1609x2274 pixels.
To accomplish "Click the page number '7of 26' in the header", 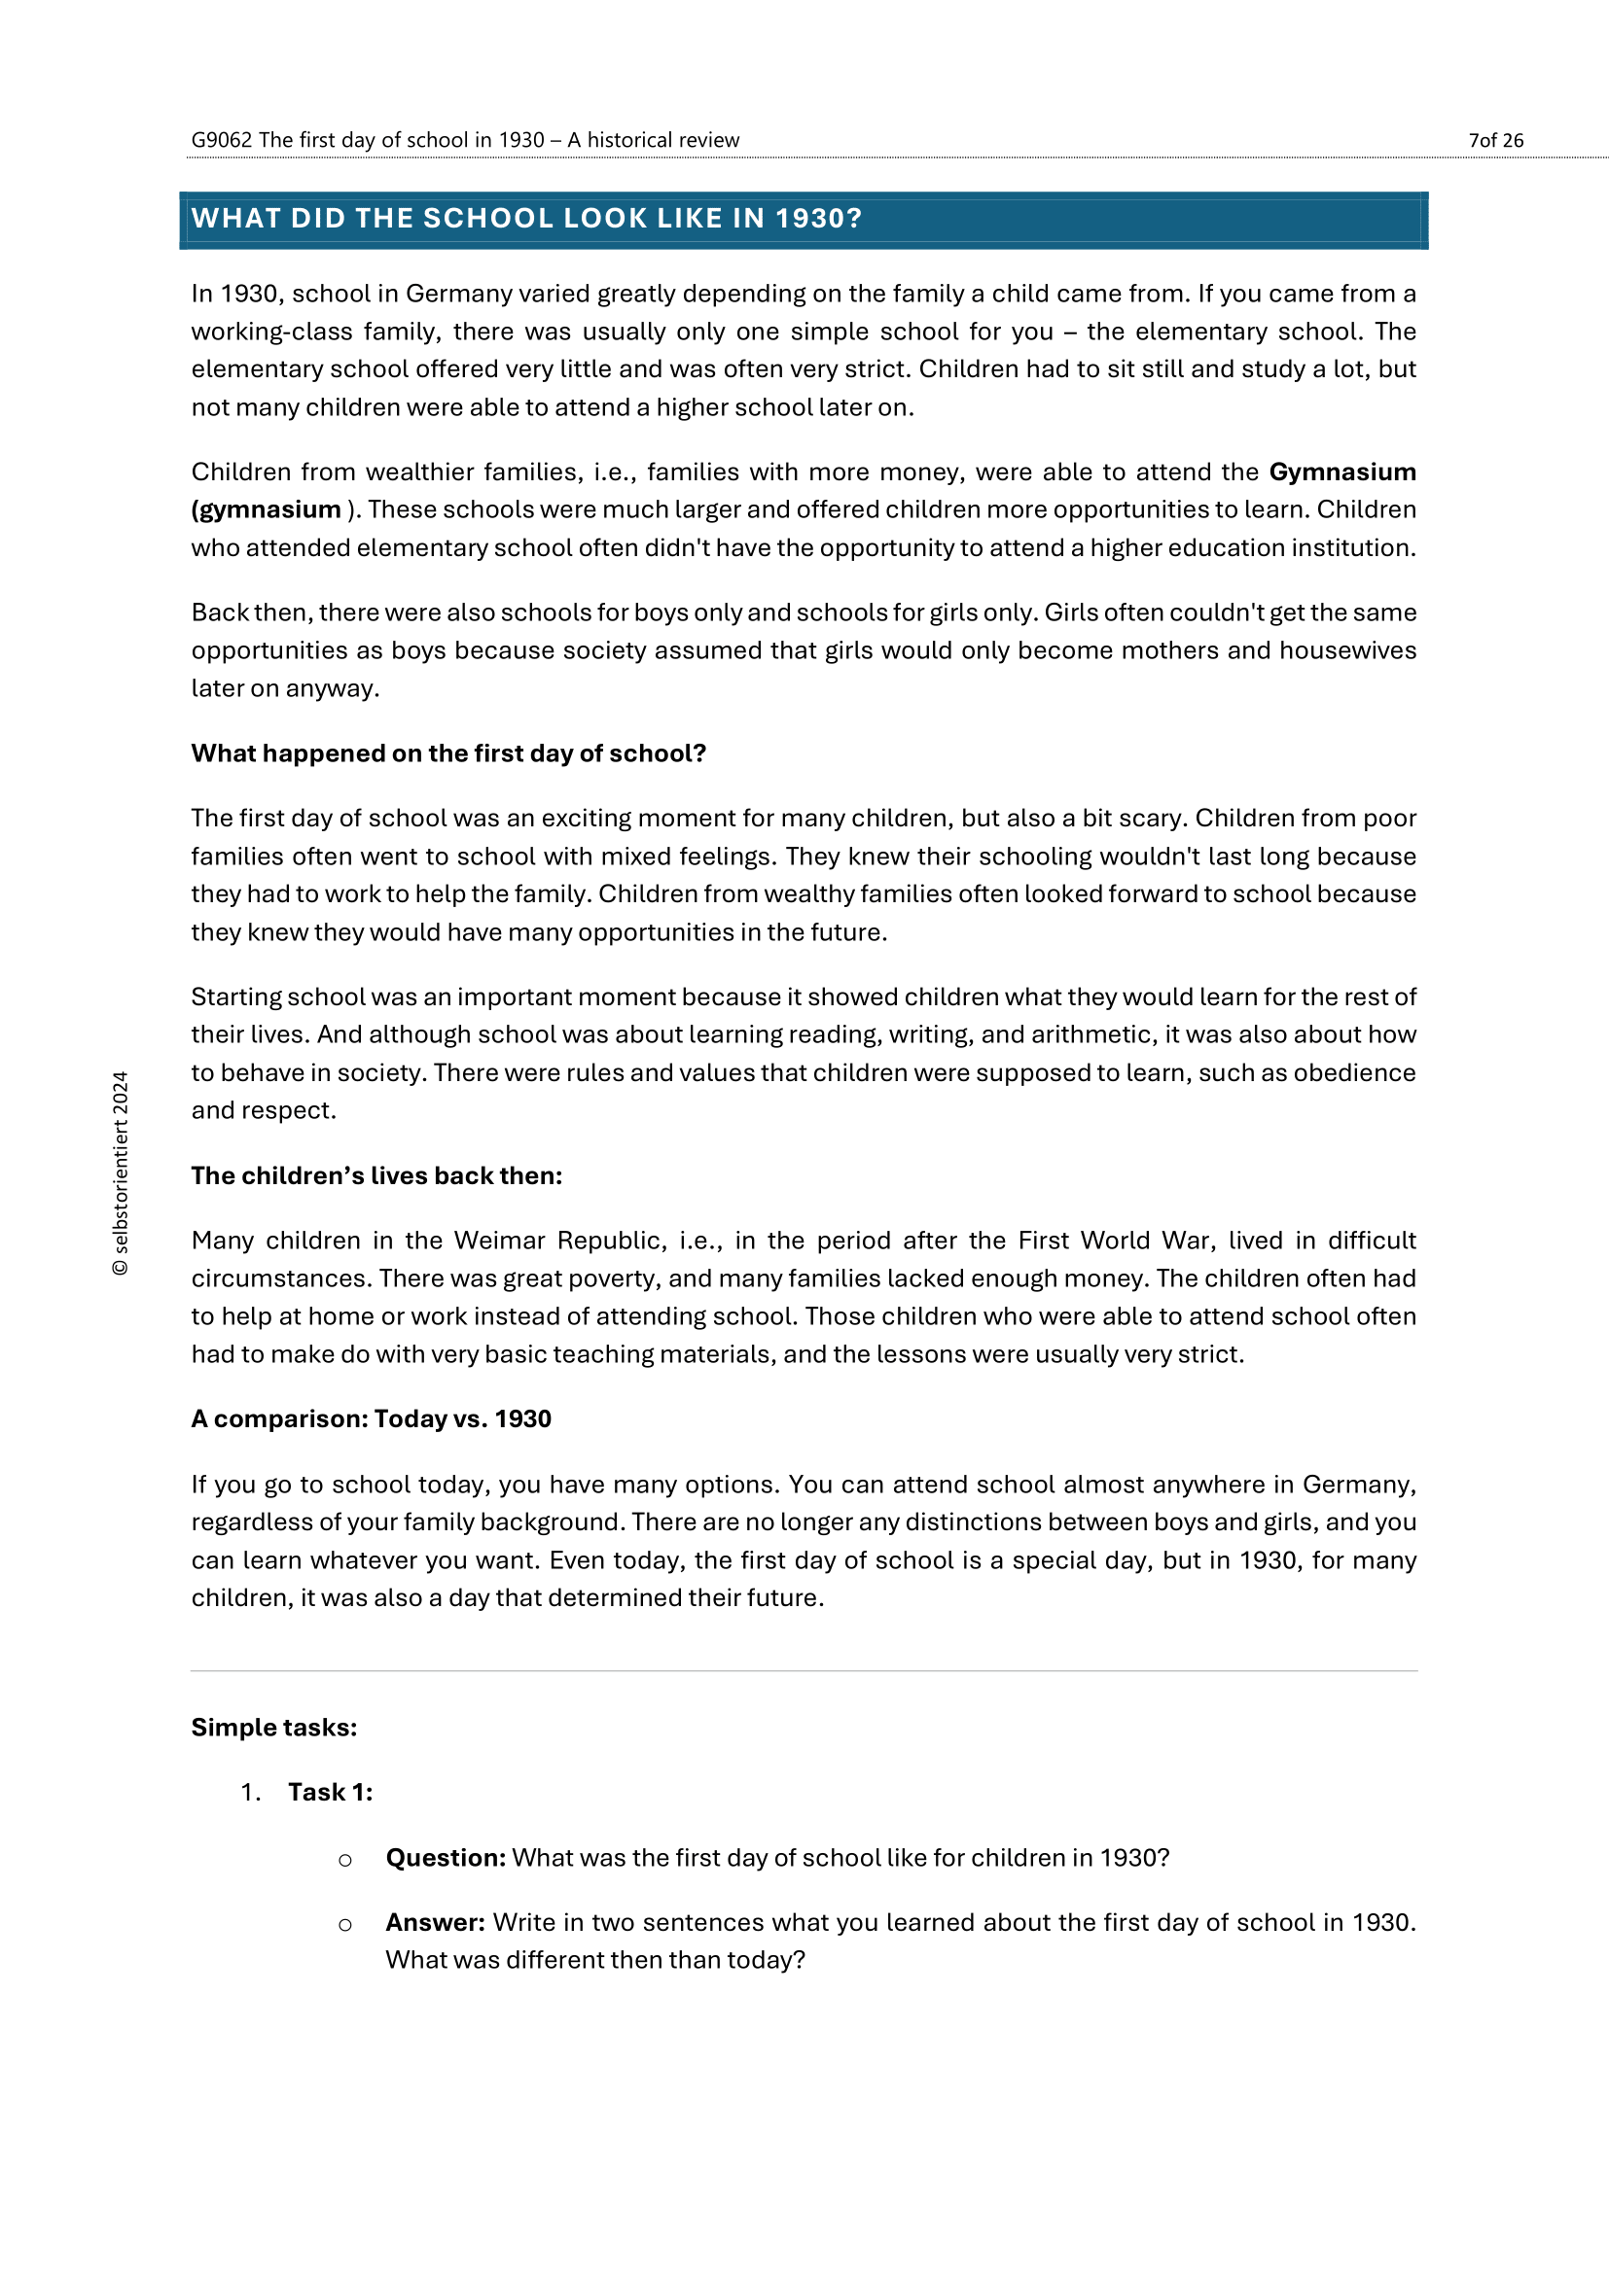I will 1495,141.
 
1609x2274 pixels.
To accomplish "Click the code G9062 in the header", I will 221,141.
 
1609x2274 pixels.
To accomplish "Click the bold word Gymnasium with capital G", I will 1341,472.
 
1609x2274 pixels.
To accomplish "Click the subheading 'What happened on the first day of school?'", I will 447,753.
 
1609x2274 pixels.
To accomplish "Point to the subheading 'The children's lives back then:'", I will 376,1175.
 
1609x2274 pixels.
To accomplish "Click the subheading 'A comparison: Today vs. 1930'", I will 371,1419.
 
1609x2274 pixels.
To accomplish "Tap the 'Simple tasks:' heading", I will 273,1728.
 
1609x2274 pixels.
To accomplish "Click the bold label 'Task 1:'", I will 330,1793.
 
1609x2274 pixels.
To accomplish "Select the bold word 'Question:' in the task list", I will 446,1858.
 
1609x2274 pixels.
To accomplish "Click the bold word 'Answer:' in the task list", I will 435,1922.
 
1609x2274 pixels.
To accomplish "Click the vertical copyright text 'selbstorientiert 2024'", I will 121,1173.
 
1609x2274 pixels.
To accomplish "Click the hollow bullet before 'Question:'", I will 344,1860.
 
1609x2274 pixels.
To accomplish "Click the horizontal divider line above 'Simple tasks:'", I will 804,1671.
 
